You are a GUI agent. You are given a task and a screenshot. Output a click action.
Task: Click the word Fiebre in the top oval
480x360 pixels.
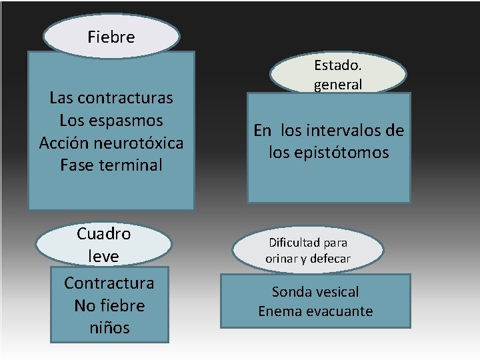[x=111, y=37]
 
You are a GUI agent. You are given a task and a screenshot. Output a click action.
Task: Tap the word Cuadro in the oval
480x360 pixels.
[x=103, y=234]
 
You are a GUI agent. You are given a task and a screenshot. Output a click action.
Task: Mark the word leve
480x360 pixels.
[x=103, y=256]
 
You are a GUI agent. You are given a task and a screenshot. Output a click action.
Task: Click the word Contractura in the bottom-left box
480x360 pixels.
[x=109, y=283]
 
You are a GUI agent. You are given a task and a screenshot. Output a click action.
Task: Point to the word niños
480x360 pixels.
[x=109, y=328]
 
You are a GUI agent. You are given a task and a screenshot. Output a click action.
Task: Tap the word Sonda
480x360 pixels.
[x=291, y=292]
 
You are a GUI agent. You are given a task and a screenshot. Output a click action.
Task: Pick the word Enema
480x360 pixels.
[x=277, y=311]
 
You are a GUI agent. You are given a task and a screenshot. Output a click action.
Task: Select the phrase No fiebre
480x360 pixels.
[x=109, y=305]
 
